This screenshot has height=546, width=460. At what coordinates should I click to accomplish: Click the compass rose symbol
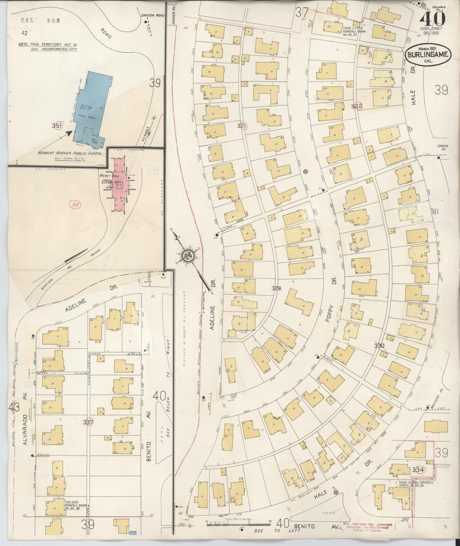tap(187, 256)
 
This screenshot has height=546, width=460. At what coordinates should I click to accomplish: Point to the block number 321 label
tap(242, 126)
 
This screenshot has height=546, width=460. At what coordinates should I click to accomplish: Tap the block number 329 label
tap(276, 288)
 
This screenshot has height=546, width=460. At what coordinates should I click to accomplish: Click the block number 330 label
tap(379, 346)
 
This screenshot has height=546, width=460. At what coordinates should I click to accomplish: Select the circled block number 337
tap(88, 422)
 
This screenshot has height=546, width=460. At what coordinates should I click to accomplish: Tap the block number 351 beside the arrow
tap(57, 126)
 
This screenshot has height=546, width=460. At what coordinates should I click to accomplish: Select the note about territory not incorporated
tap(48, 47)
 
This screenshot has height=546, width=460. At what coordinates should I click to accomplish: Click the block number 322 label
tap(357, 106)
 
